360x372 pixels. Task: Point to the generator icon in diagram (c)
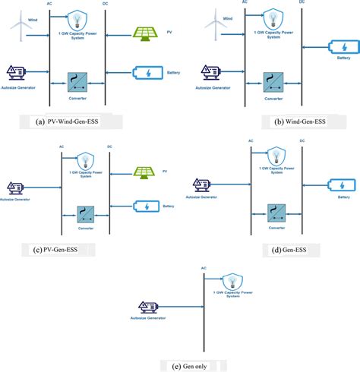point(14,184)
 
